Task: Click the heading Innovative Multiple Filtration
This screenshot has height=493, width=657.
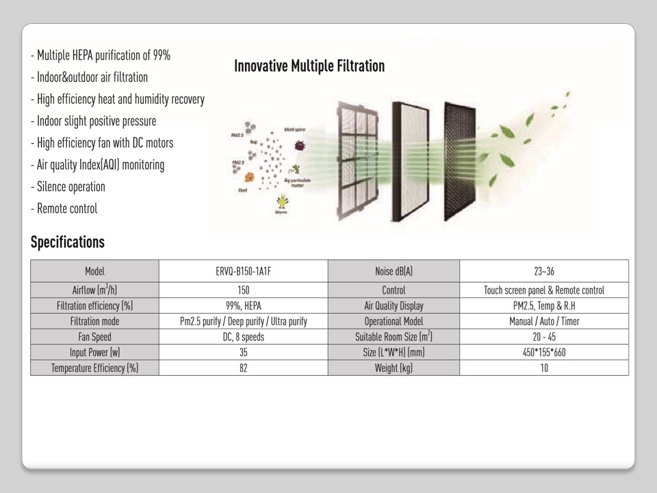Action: [309, 66]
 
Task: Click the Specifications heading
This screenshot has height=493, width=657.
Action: [68, 242]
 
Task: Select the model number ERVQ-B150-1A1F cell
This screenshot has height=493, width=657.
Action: [243, 271]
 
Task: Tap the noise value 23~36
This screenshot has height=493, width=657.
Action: [544, 271]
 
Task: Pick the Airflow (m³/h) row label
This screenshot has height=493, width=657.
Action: [94, 290]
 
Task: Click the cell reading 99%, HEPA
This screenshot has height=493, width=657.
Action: [243, 305]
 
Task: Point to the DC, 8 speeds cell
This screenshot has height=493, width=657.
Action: [243, 336]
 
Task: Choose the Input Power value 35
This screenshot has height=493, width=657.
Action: [243, 352]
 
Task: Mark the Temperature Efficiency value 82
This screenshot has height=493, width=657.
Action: [243, 368]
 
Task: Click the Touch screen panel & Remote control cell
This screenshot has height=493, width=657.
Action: [544, 290]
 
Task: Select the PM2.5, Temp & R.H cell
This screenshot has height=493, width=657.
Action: [544, 305]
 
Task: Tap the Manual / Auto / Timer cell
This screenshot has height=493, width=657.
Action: [544, 321]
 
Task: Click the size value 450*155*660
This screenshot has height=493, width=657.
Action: [544, 352]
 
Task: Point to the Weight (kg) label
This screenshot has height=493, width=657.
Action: [394, 368]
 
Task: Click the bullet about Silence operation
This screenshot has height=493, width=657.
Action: [68, 187]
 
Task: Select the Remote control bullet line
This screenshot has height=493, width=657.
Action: [64, 209]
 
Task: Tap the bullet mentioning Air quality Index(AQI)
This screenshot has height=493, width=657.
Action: [98, 165]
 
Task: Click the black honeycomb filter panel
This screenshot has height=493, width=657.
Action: [460, 161]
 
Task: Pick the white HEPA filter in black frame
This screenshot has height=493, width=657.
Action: [411, 161]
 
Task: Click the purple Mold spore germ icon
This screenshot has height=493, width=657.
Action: [299, 145]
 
